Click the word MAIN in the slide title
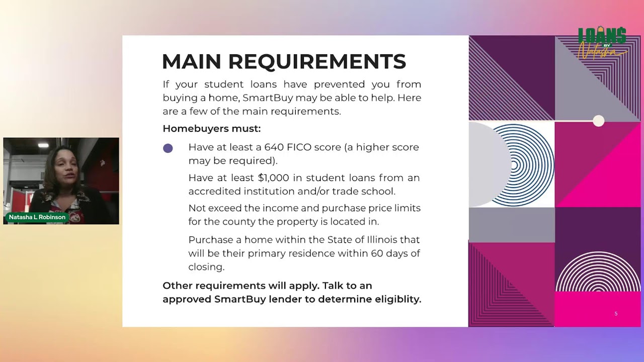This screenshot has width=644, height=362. pos(192,61)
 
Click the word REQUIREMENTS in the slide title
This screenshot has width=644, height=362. pos(317,61)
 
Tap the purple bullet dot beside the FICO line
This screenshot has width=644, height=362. pos(168,148)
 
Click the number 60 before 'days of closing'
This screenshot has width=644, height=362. pos(377,253)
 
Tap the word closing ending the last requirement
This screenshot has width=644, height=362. pos(206,267)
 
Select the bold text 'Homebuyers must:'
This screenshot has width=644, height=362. pos(212,128)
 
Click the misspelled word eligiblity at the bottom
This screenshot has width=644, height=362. pos(398,299)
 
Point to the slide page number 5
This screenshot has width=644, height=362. pos(616,313)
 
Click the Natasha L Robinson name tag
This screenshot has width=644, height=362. pos(37,217)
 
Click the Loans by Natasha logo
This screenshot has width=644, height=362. pos(602,44)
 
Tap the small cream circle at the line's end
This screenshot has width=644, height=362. pos(599,121)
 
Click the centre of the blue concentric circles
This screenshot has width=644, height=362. pos(514,165)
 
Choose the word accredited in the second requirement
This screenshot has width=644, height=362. pos(214,192)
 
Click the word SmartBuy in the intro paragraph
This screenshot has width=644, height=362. pos(268,98)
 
